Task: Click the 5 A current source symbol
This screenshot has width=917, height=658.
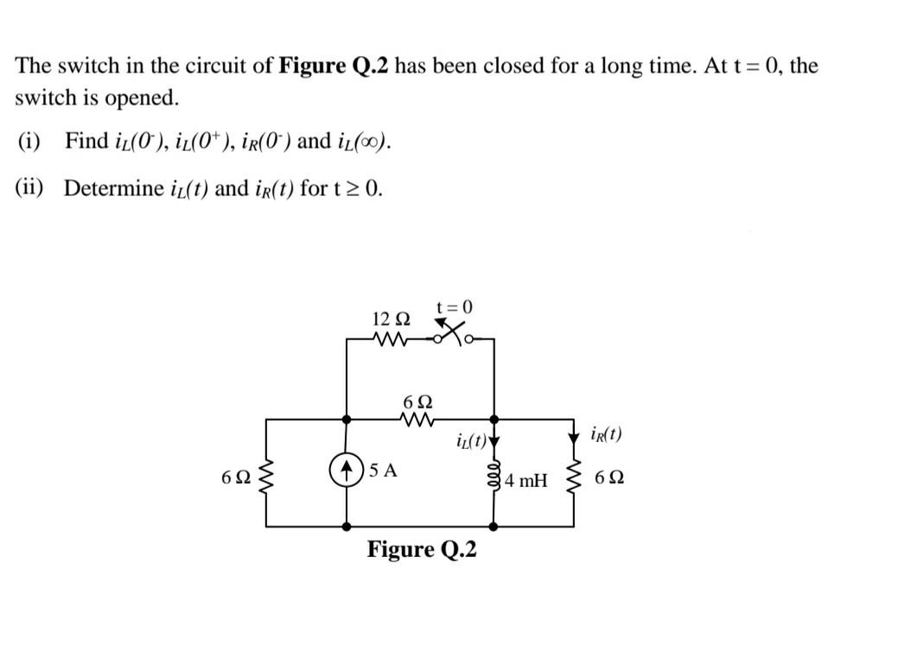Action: [347, 471]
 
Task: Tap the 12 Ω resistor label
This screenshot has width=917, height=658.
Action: [390, 319]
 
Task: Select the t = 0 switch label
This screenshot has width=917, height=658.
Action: [455, 307]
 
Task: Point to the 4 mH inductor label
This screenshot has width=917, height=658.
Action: [526, 480]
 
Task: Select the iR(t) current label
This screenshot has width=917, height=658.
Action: [606, 433]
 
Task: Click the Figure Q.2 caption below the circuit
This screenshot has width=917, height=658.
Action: [422, 549]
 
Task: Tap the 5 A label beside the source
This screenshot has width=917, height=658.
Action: [382, 471]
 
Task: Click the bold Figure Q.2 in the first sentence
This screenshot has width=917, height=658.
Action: [334, 66]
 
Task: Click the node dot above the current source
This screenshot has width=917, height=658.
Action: [347, 420]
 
